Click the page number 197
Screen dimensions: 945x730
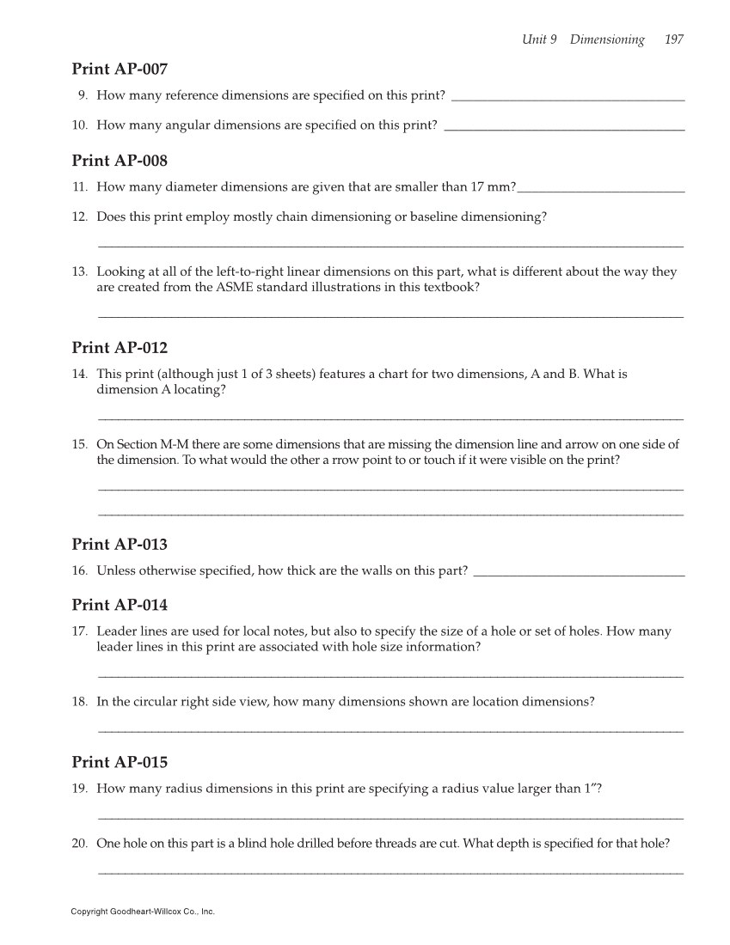674,40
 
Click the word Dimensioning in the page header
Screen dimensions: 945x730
607,40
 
